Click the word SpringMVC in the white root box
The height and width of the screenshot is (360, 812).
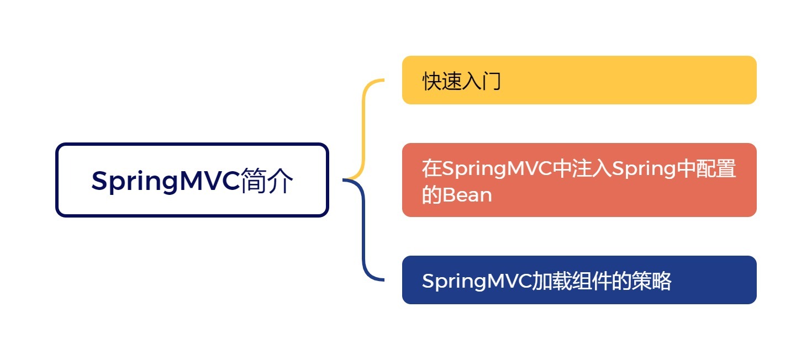[x=166, y=181]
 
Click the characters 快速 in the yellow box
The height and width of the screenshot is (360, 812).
[x=442, y=82]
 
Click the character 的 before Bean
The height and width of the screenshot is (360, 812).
[x=432, y=195]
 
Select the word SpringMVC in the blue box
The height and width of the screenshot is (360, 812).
[x=476, y=282]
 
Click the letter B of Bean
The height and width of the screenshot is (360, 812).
[x=447, y=195]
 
